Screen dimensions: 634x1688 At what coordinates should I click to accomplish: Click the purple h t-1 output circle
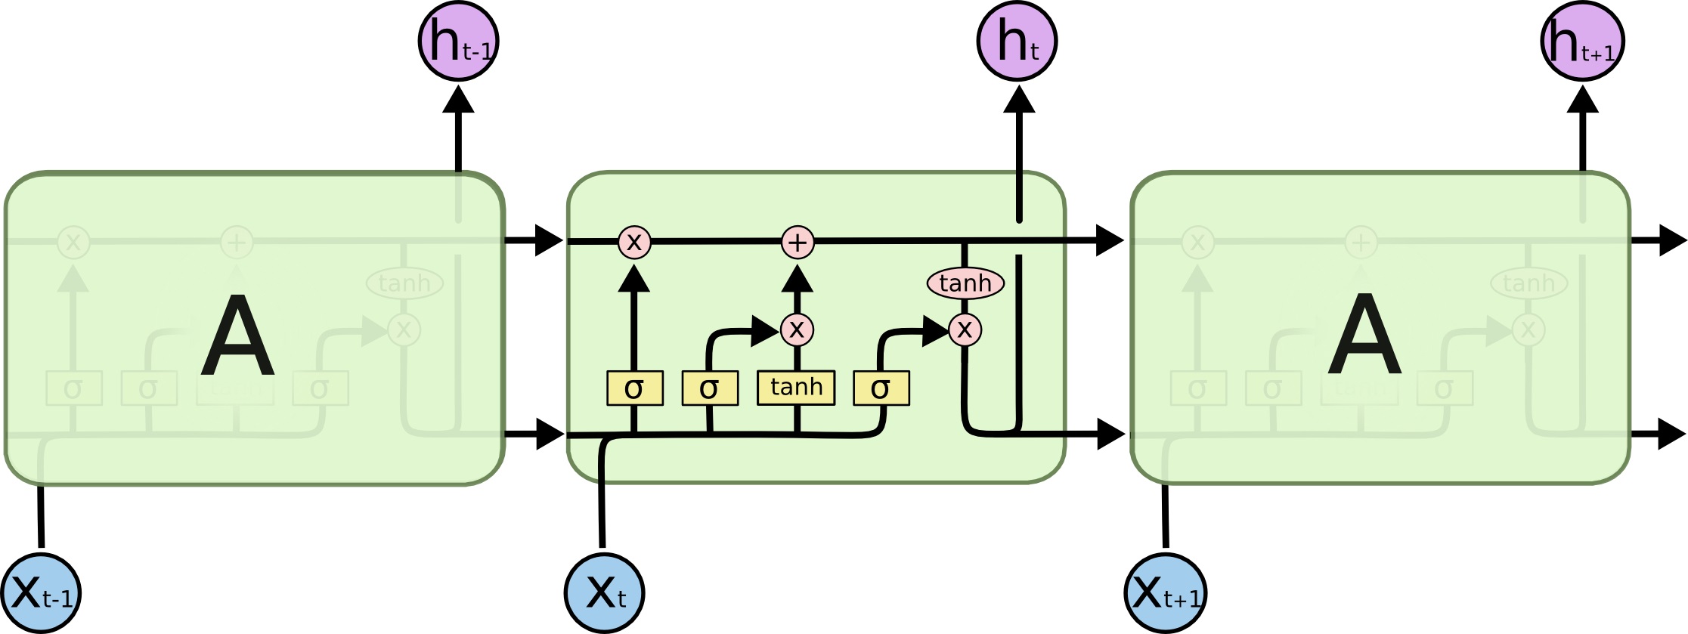click(x=458, y=41)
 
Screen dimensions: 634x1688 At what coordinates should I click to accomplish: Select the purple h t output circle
click(x=1017, y=41)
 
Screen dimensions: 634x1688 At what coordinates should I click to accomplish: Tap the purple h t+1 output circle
click(x=1582, y=41)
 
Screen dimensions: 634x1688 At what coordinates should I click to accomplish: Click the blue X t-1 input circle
click(x=41, y=594)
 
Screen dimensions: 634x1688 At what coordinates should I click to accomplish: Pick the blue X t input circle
click(x=605, y=594)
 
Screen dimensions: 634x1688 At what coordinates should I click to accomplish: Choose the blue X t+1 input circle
click(x=1165, y=594)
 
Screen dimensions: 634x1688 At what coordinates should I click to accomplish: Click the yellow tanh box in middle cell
click(x=796, y=388)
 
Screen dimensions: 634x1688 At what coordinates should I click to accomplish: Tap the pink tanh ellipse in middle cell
click(x=965, y=283)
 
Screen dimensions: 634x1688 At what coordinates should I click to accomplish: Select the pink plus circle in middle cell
click(x=798, y=243)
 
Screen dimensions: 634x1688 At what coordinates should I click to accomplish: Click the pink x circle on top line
click(x=634, y=243)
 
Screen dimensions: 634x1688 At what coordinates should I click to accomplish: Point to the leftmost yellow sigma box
click(x=635, y=388)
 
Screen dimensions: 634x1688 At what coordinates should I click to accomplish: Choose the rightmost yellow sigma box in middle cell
click(x=881, y=388)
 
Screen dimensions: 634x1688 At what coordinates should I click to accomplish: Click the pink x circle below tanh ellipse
click(x=965, y=329)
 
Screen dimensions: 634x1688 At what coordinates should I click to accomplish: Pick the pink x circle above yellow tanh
click(x=797, y=329)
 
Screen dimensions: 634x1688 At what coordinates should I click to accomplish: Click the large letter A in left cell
click(x=237, y=336)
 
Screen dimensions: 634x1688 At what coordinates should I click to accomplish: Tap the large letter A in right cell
click(x=1364, y=336)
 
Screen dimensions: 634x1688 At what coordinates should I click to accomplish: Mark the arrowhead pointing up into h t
click(x=1019, y=100)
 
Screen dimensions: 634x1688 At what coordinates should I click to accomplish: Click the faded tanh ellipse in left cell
click(x=404, y=283)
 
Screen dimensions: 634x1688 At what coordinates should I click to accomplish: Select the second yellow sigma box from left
click(x=710, y=388)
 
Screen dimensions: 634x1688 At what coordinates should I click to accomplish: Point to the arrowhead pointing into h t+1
click(x=1582, y=100)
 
